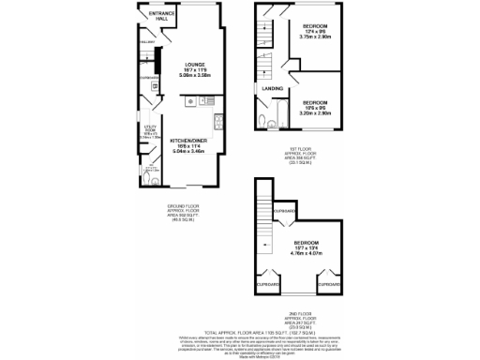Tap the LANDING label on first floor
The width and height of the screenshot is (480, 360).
(273, 88)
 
